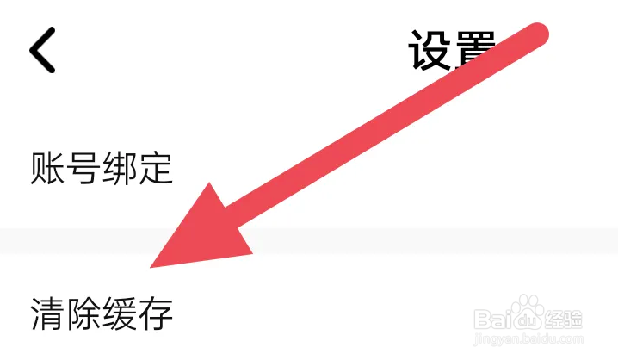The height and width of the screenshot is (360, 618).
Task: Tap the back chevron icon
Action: coord(42,49)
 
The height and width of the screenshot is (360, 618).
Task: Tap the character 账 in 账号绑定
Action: coord(47,168)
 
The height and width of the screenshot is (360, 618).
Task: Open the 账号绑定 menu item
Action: coord(102,168)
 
